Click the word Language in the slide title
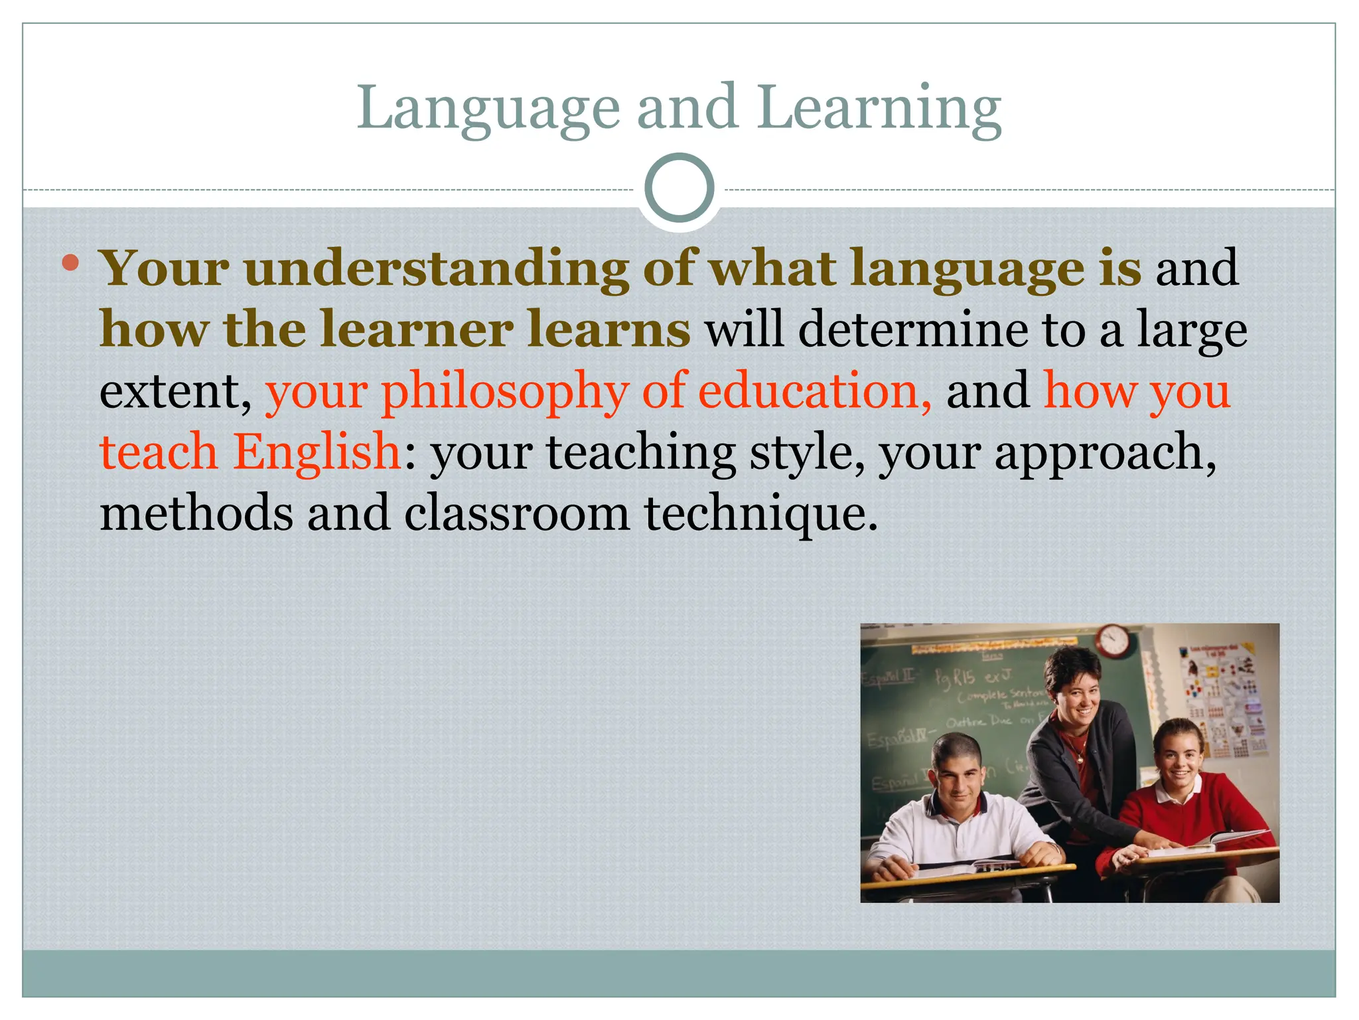(488, 108)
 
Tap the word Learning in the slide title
(879, 108)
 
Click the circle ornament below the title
(679, 188)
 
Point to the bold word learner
(417, 330)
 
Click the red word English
(317, 452)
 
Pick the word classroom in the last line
(517, 513)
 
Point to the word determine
(912, 330)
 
